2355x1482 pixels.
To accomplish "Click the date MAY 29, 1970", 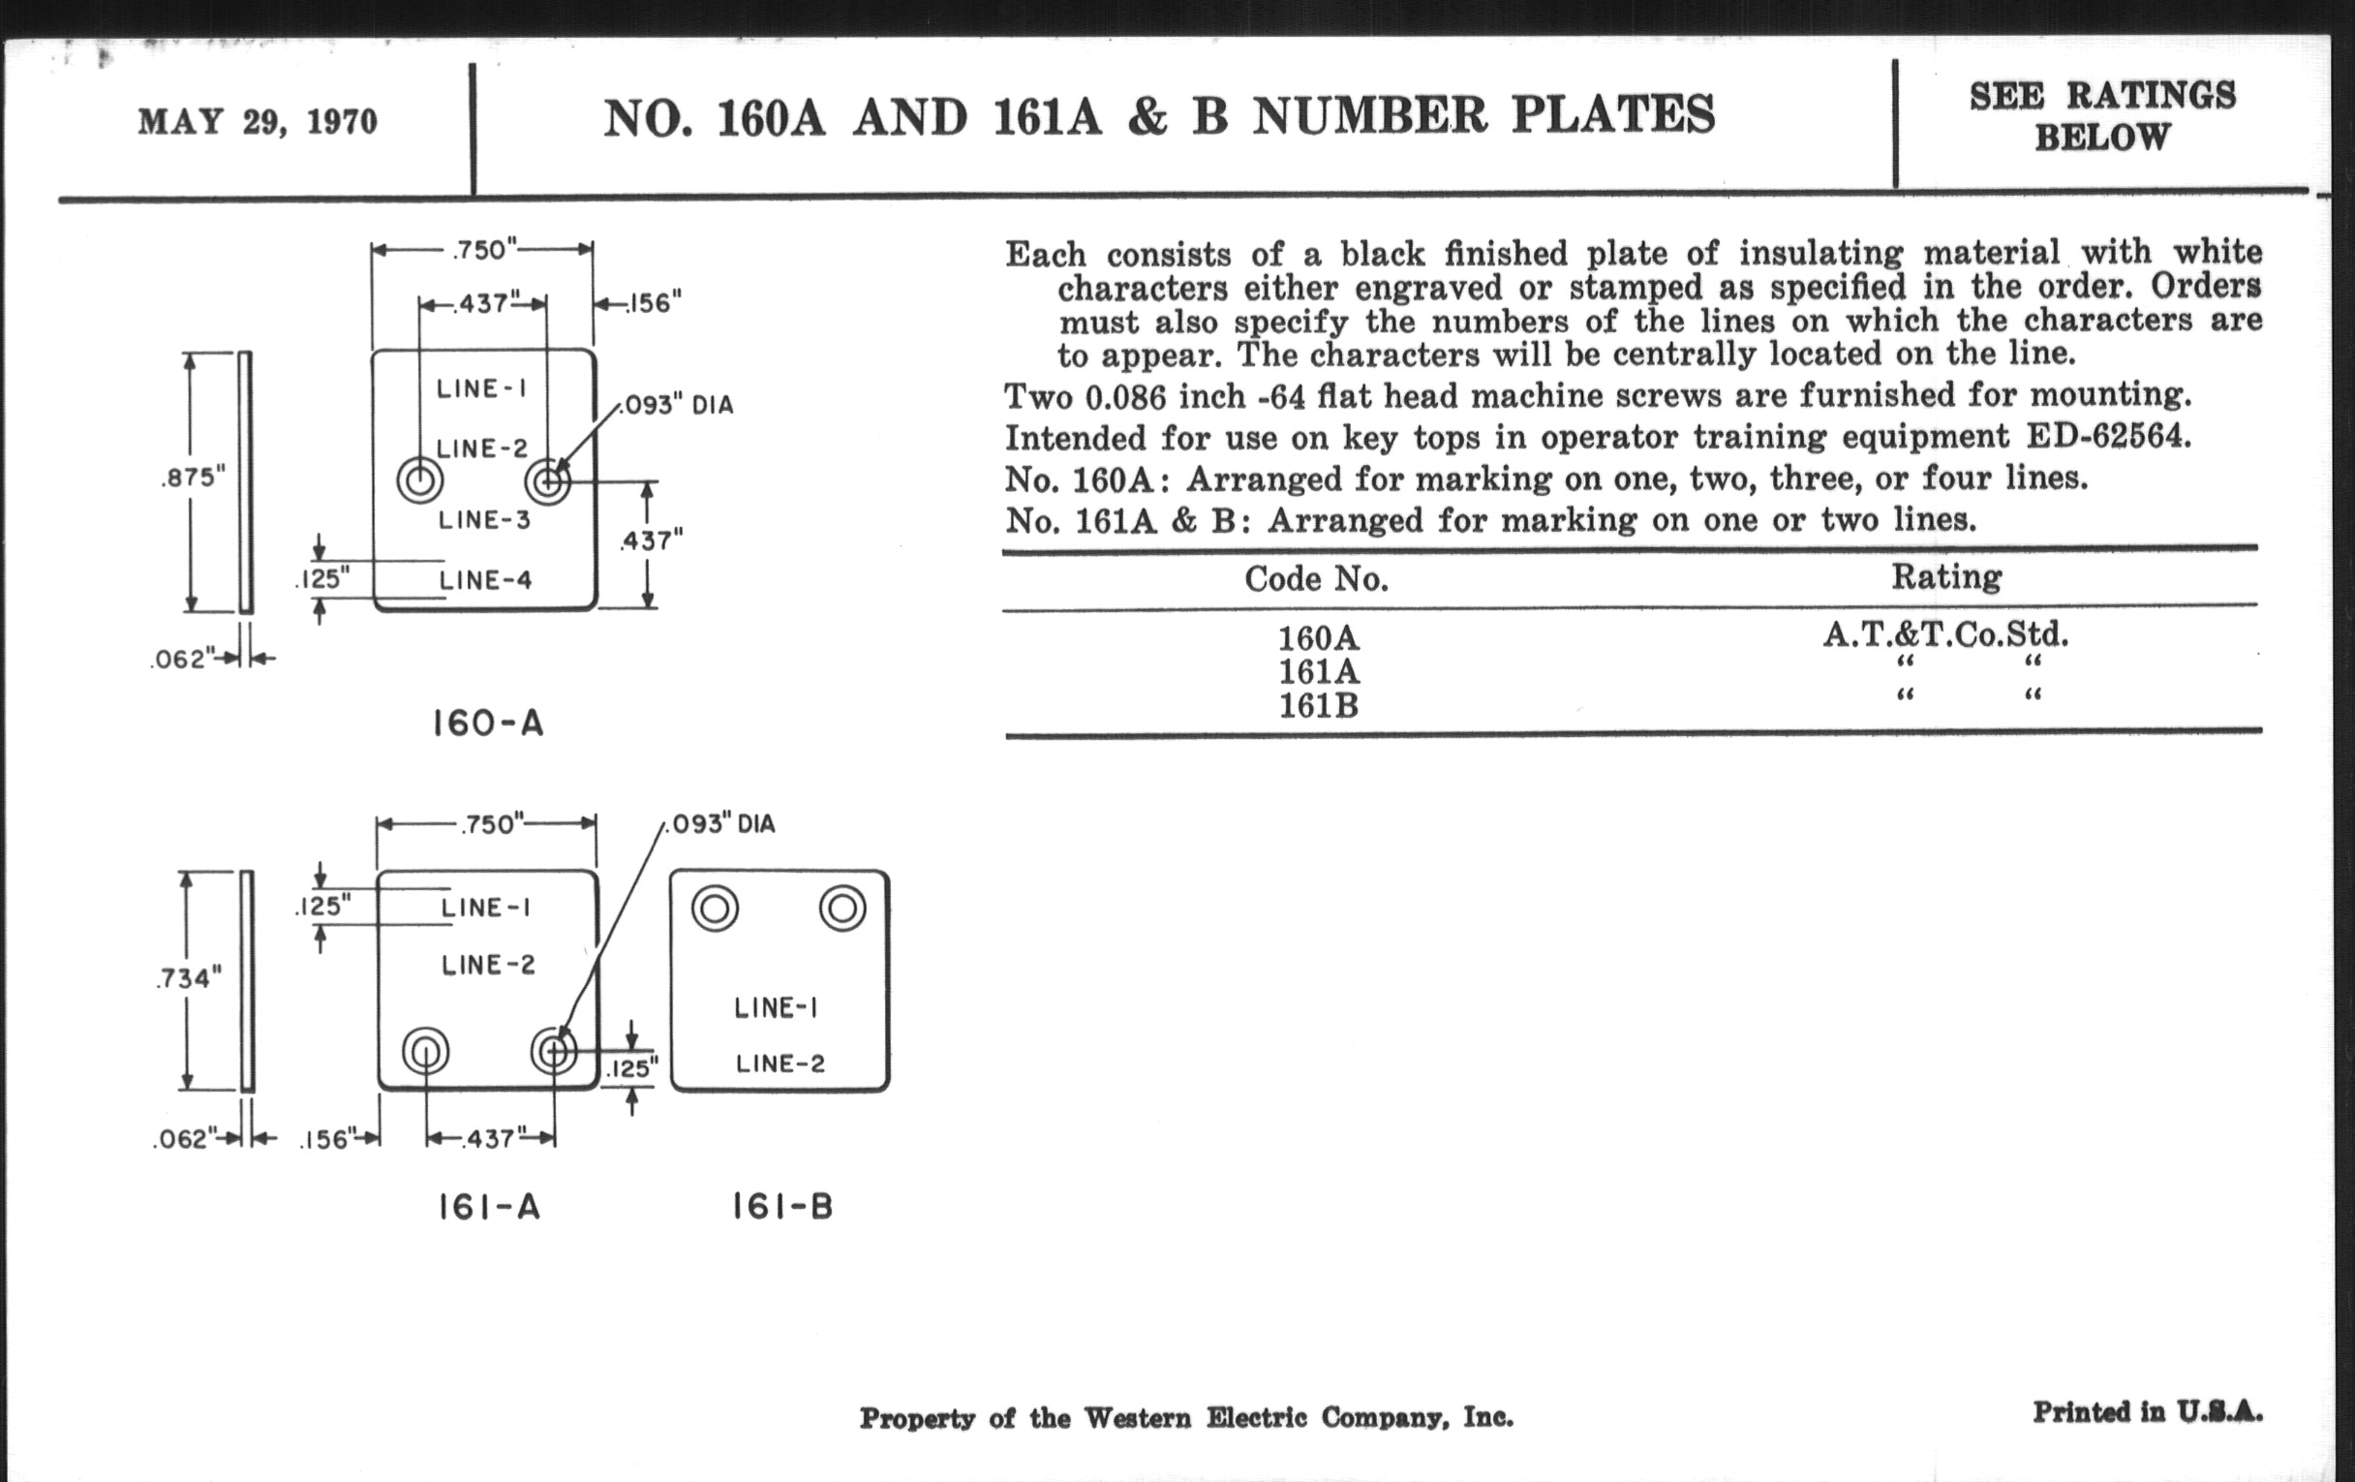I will tap(258, 122).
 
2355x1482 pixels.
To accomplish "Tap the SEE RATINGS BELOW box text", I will tap(2101, 116).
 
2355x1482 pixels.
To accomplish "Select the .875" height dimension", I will tap(193, 479).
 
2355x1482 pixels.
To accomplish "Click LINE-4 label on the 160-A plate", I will tap(485, 580).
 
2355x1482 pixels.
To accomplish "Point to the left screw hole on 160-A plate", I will tap(420, 480).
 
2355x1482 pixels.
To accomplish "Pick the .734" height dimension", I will tap(189, 977).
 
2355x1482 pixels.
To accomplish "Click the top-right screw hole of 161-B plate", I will tap(842, 909).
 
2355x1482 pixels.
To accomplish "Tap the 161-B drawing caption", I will tap(782, 1207).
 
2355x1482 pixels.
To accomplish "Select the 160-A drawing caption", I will tap(487, 724).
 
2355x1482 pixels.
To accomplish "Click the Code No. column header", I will tap(1316, 579).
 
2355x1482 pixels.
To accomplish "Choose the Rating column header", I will tap(1946, 577).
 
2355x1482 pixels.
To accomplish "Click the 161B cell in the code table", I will tap(1318, 705).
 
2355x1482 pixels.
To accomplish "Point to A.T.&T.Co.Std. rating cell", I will tap(1946, 634).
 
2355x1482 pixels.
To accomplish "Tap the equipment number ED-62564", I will tap(2106, 435).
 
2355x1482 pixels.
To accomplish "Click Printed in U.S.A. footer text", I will tap(2147, 1412).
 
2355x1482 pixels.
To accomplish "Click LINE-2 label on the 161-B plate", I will tap(780, 1064).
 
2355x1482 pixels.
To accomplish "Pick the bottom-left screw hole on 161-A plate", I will tap(425, 1052).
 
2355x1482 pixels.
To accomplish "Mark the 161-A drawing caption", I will tap(488, 1207).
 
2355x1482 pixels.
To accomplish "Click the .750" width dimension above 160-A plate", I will tap(483, 250).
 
